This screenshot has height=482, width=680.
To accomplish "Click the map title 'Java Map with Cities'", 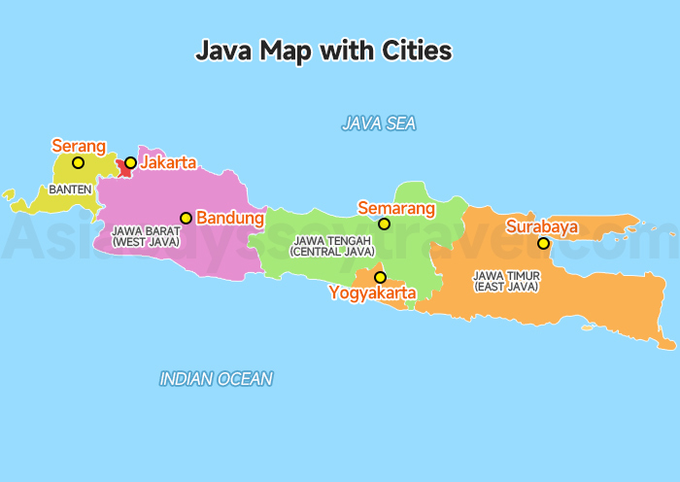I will (324, 51).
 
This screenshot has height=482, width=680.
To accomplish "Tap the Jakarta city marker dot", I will (130, 162).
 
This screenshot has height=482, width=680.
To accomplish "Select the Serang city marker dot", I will (78, 162).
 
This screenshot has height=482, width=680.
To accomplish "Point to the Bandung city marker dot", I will (186, 218).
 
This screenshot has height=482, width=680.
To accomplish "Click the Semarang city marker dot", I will (384, 224).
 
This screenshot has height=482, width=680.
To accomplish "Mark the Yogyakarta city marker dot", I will (379, 277).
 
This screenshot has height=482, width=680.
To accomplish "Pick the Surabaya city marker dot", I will (543, 243).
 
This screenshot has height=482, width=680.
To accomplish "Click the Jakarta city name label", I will (168, 162).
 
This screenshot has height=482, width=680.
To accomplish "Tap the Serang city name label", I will (78, 146).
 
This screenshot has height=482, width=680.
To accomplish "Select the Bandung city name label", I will (230, 218).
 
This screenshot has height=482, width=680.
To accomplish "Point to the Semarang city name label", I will (396, 207).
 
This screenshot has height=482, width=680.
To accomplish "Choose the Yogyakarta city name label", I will (372, 293).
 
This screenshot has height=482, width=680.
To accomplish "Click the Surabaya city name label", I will (542, 227).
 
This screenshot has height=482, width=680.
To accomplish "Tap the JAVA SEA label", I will (378, 123).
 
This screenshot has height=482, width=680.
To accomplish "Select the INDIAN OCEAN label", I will (216, 379).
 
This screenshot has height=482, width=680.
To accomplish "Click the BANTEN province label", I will (70, 189).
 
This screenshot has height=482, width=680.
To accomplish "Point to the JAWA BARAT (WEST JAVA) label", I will (146, 236).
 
